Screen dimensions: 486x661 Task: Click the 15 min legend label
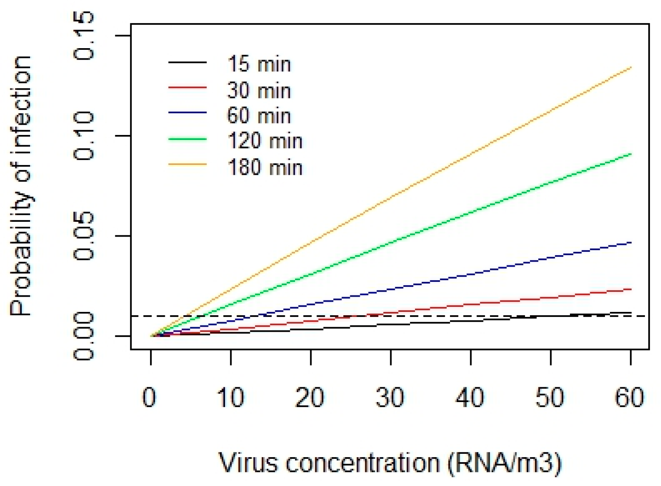[259, 65]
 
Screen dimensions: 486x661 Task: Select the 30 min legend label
[259, 91]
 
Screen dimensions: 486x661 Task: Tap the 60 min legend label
[259, 116]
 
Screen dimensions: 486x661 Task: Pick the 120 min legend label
[265, 142]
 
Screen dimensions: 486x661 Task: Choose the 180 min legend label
[265, 167]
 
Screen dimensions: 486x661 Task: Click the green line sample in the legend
[188, 140]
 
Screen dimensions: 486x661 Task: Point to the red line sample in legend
[188, 88]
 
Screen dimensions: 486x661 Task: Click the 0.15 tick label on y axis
[84, 36]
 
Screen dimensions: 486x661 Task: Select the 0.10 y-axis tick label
[84, 136]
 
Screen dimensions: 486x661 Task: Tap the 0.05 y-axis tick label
[84, 236]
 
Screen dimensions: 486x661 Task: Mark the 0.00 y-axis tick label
[84, 336]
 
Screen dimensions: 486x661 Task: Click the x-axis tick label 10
[231, 398]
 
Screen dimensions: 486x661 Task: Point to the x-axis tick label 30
[390, 398]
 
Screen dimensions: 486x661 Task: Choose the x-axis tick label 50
[550, 398]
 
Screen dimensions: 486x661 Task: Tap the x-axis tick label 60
[630, 398]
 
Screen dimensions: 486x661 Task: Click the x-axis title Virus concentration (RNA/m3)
[390, 463]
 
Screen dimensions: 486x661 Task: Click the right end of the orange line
[631, 68]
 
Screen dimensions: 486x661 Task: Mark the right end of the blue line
[631, 243]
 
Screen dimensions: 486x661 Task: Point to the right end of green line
[631, 154]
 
